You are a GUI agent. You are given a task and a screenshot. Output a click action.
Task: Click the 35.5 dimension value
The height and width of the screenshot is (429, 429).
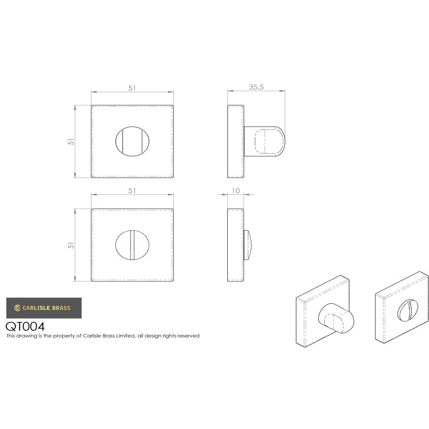click(x=256, y=87)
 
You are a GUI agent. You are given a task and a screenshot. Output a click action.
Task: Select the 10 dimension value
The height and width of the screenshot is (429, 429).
click(x=235, y=190)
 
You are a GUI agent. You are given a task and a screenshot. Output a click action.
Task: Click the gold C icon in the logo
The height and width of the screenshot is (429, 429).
click(x=17, y=308)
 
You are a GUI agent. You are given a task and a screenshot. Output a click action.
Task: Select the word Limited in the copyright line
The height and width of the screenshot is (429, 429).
click(x=125, y=336)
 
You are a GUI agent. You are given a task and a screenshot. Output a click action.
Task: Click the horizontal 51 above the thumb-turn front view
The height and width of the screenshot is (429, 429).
click(x=132, y=88)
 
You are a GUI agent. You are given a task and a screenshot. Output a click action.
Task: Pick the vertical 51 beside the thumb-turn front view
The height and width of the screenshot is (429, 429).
click(x=72, y=141)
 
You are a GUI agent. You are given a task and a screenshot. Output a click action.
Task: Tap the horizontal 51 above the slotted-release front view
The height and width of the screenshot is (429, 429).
click(x=132, y=190)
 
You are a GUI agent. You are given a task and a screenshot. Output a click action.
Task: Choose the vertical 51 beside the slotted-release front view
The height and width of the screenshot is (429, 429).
click(x=72, y=245)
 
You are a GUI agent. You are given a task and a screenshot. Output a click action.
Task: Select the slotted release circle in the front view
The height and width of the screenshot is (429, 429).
click(x=132, y=245)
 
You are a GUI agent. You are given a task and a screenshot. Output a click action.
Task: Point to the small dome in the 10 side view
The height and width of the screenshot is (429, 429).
click(x=249, y=245)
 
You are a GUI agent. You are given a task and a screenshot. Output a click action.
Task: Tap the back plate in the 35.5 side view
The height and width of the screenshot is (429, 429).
click(x=236, y=141)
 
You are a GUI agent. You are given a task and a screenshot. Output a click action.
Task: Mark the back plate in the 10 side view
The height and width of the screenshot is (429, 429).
click(x=235, y=245)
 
